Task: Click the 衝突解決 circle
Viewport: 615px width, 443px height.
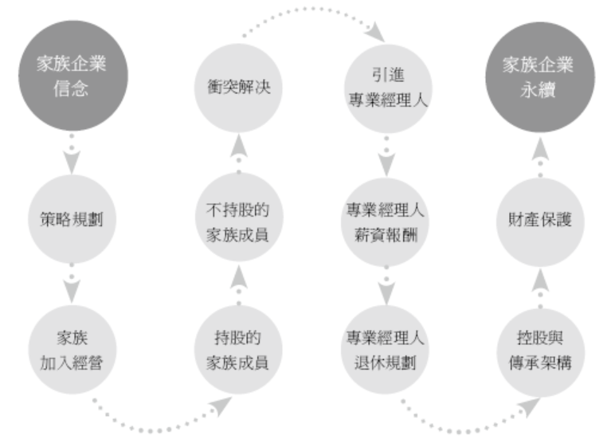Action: click(236, 87)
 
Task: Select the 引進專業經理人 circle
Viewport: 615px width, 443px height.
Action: click(386, 87)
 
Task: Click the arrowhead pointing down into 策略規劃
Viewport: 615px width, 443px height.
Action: click(72, 163)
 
